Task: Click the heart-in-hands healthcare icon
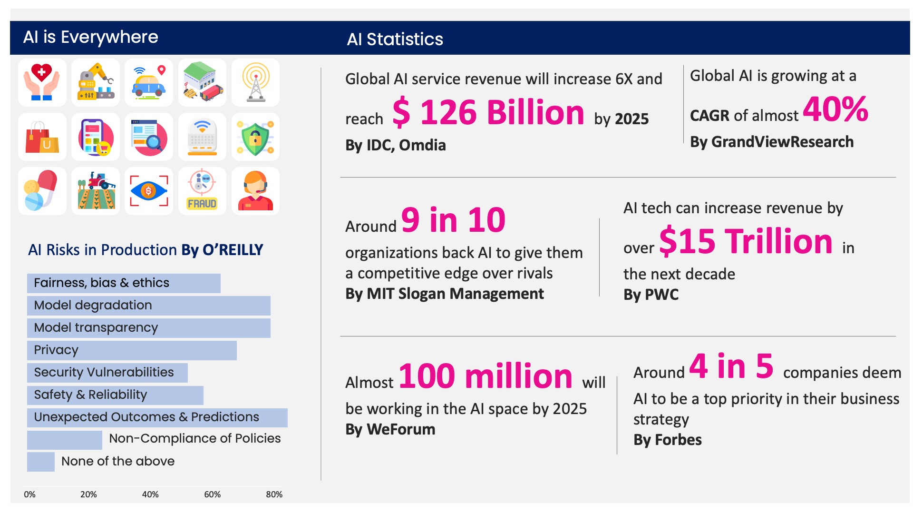(x=42, y=82)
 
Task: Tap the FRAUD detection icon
(x=202, y=191)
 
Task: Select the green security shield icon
(x=255, y=137)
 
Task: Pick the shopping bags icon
(x=42, y=137)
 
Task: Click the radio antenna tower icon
(x=255, y=82)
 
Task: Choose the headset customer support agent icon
(x=255, y=191)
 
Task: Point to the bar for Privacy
(x=132, y=350)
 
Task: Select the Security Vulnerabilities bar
(x=107, y=373)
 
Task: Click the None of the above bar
(x=40, y=462)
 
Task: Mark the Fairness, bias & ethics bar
(x=124, y=283)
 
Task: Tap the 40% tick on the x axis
(x=150, y=494)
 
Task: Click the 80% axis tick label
(x=274, y=494)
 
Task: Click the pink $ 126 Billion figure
(x=488, y=113)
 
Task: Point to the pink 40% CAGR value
(x=835, y=109)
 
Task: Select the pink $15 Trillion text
(x=746, y=241)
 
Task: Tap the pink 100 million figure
(x=486, y=376)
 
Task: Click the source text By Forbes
(x=667, y=440)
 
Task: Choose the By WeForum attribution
(x=390, y=429)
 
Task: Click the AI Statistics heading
(x=395, y=39)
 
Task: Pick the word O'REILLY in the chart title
(x=233, y=250)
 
